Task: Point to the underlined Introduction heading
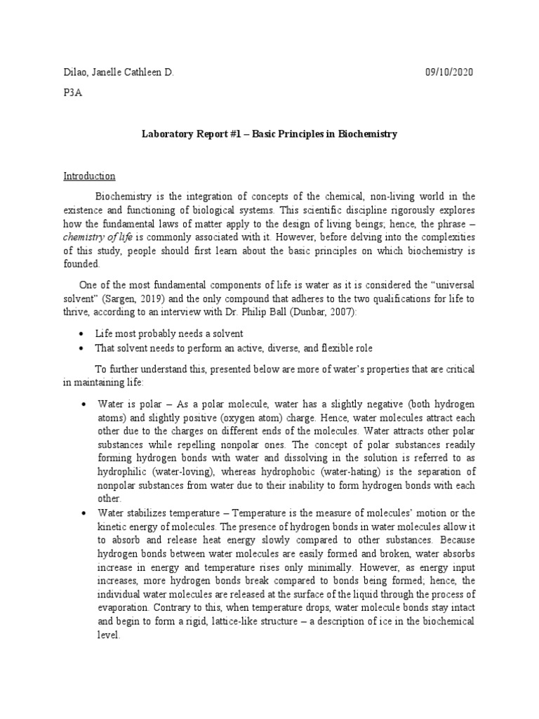(89, 176)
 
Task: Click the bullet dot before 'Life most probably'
(84, 334)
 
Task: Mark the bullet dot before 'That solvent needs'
(84, 349)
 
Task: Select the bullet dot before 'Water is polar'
(84, 405)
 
